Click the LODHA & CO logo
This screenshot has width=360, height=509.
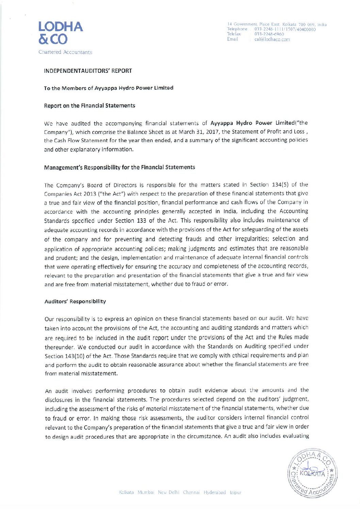pos(60,33)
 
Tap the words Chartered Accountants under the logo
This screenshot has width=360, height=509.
pos(65,52)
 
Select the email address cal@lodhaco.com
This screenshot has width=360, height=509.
pos(272,39)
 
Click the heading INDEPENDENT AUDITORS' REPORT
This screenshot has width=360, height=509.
pos(88,71)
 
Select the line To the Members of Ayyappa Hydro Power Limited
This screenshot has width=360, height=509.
pos(109,88)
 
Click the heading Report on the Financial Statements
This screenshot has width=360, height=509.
pos(89,106)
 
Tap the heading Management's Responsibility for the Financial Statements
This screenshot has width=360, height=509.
pos(119,167)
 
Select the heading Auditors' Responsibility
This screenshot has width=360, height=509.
pos(75,302)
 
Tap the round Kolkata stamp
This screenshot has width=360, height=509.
pos(313,473)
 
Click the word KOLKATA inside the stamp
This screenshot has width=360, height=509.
pos(312,474)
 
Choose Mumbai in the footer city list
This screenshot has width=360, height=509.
pos(146,492)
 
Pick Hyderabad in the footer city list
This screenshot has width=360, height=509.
pos(215,492)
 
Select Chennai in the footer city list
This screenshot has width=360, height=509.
pos(191,492)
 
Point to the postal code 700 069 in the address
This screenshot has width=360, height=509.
pos(307,24)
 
